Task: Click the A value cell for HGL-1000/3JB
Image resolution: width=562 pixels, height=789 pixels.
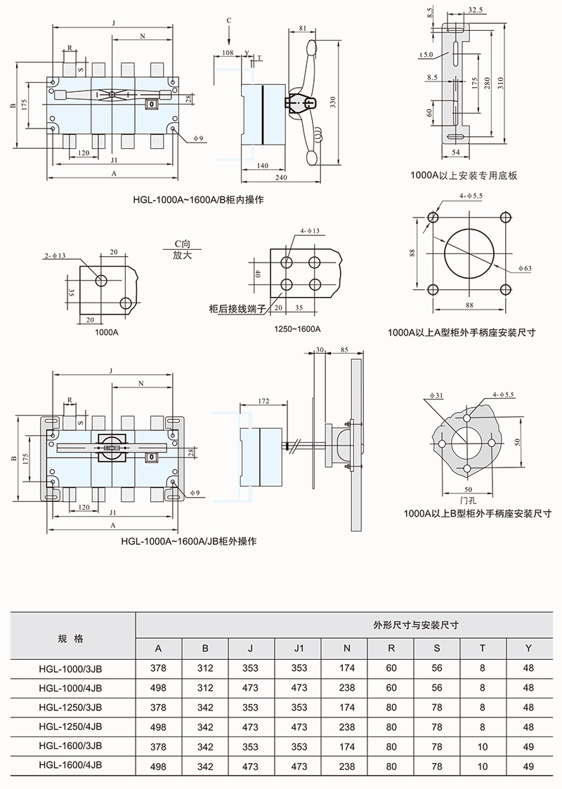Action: click(158, 668)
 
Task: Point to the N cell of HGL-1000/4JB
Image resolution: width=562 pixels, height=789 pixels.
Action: click(347, 687)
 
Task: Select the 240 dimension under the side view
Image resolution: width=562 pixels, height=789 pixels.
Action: click(280, 179)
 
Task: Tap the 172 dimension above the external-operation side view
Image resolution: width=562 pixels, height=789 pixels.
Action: click(263, 401)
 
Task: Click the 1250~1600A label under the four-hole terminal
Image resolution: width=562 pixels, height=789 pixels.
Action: click(298, 329)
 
